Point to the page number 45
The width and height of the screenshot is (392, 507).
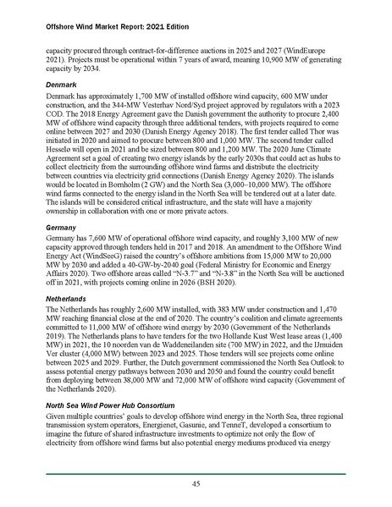(195, 483)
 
